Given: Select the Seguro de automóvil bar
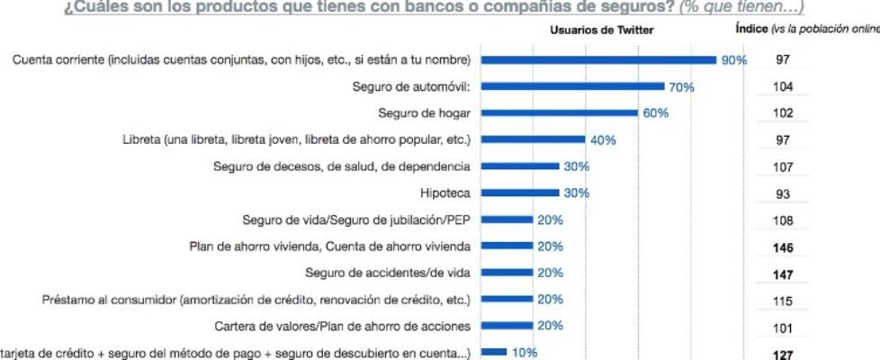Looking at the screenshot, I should pos(572,87).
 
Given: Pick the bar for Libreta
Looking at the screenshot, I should pos(533,140).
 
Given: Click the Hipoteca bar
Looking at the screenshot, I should pos(520,193).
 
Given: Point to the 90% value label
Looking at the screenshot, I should pos(733,60).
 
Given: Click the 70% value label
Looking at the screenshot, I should pos(681,87).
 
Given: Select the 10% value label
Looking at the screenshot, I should pos(525,353).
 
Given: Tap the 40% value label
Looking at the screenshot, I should pos(603,140).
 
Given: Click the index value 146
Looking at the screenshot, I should pos(783,247).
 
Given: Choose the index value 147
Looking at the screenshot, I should pos(783,274).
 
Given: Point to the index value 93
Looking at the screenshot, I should pos(783,193).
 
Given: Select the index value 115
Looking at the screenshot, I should pos(783,300).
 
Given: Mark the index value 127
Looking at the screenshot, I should pos(783,355).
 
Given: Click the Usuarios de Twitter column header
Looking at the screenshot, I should pos(602,30).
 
